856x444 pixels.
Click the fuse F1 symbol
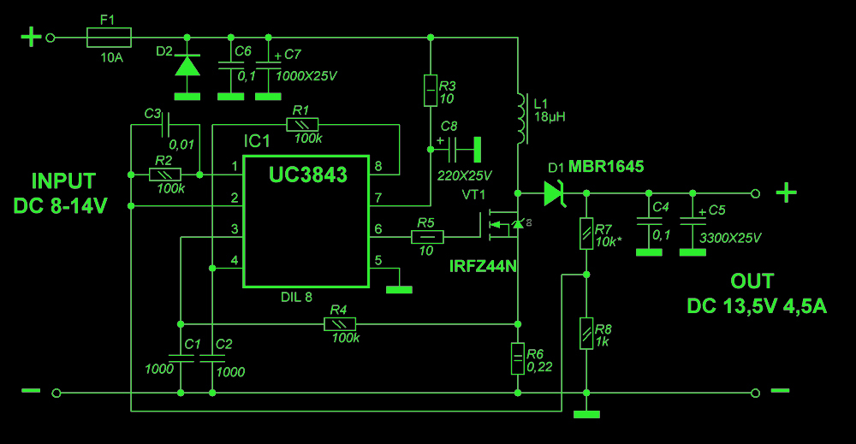pos(109,38)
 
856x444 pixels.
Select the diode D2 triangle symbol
pos(187,66)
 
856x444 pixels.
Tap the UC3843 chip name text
pos(308,175)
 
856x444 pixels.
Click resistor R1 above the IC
pos(302,124)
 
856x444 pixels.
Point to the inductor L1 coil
pos(522,118)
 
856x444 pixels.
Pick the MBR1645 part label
pos(606,166)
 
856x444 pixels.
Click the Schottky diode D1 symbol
pos(555,193)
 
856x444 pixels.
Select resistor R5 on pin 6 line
pos(427,237)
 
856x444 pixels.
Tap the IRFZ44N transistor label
pos(483,266)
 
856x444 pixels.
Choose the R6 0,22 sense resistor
pos(518,359)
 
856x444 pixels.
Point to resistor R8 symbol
pos(586,334)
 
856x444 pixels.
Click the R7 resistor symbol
pos(586,234)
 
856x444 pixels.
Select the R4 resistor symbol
pos(340,324)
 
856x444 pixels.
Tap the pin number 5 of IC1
pos(378,260)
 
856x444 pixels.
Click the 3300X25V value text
pos(730,238)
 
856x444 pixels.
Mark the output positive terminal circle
pos(756,193)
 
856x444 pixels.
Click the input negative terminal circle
pos(56,393)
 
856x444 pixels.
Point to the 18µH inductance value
pos(550,116)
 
